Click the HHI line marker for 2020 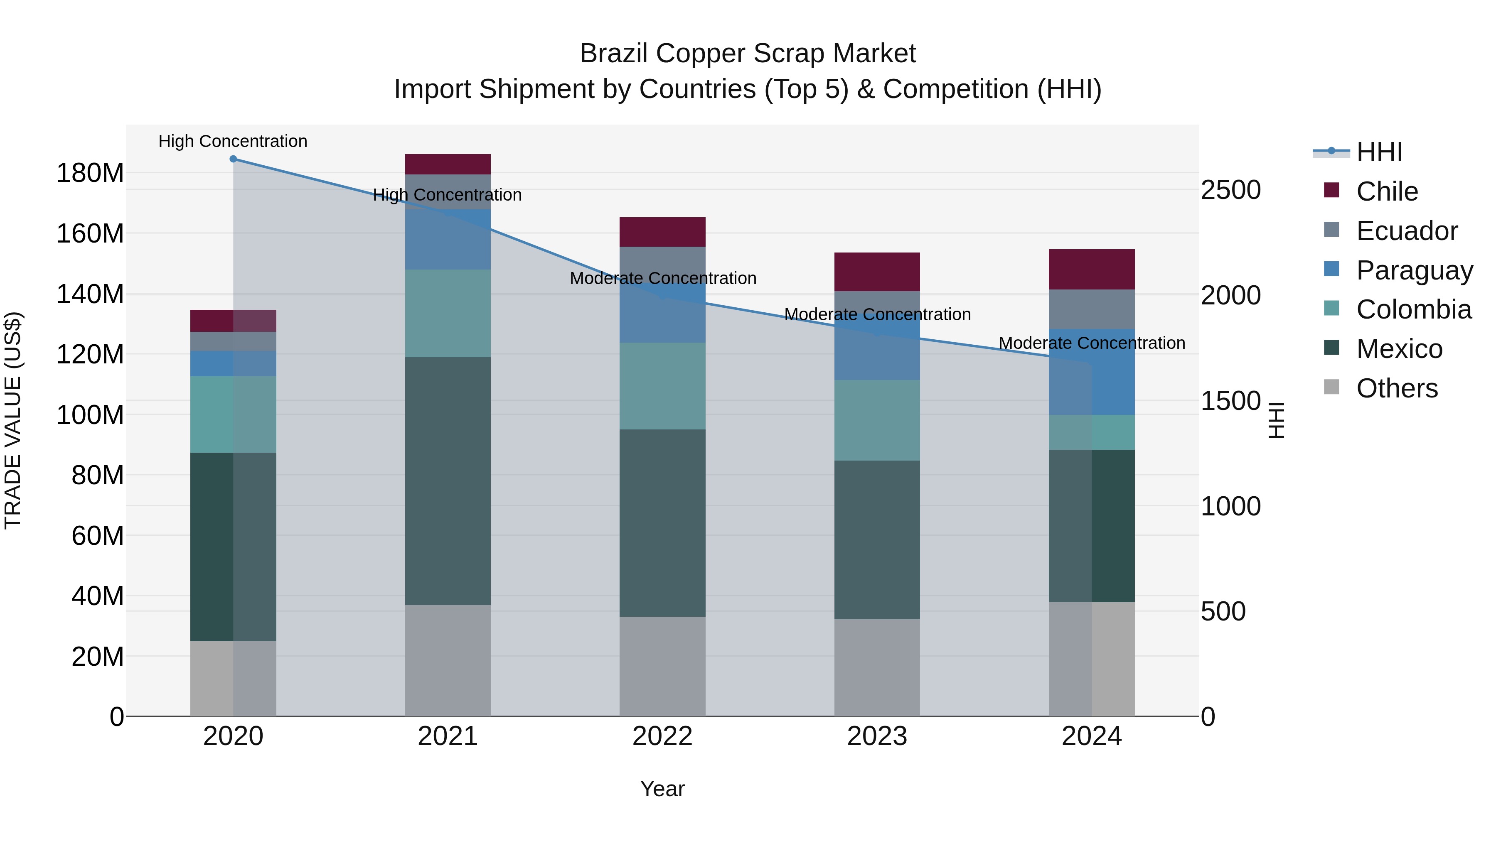[233, 159]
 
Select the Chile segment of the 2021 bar [448, 164]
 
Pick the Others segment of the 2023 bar [877, 667]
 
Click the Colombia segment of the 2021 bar [448, 314]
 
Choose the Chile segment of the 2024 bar [1092, 269]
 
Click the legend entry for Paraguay [1415, 270]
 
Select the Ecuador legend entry [1407, 231]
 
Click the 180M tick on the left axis [90, 173]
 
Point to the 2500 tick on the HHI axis [1230, 190]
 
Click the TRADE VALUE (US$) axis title [13, 420]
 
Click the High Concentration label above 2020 [233, 141]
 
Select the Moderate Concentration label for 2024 [1092, 343]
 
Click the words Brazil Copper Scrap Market [748, 54]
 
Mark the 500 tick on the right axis [1223, 611]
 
